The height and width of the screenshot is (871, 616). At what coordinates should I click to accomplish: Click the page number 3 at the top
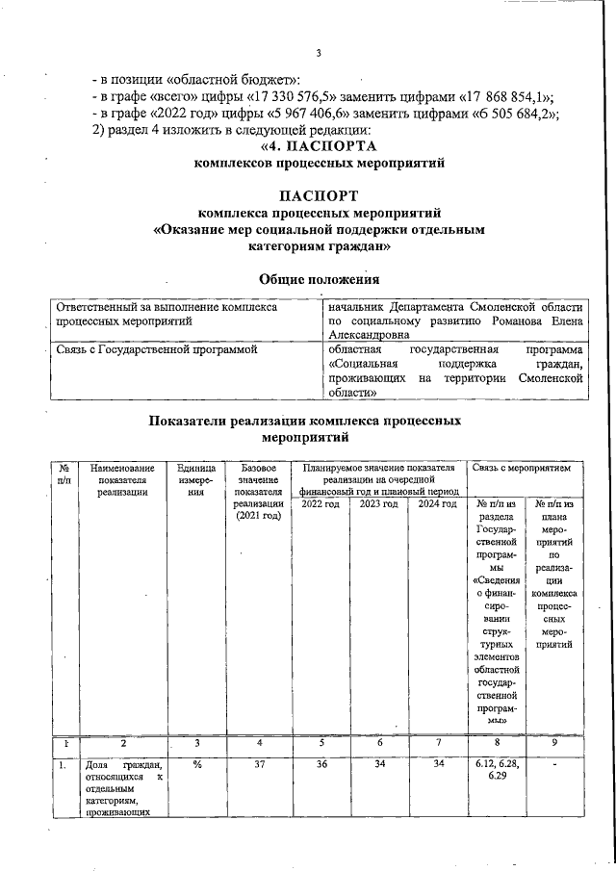[x=317, y=53]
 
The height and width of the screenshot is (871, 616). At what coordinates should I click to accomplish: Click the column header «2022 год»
[x=321, y=504]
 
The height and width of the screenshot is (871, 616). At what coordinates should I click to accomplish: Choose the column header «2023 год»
[x=378, y=504]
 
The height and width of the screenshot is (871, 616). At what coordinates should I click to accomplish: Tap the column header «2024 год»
[x=436, y=504]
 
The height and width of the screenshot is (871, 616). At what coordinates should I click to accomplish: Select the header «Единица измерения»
[x=197, y=479]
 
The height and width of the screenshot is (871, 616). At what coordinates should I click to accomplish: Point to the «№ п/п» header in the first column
[x=64, y=474]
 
